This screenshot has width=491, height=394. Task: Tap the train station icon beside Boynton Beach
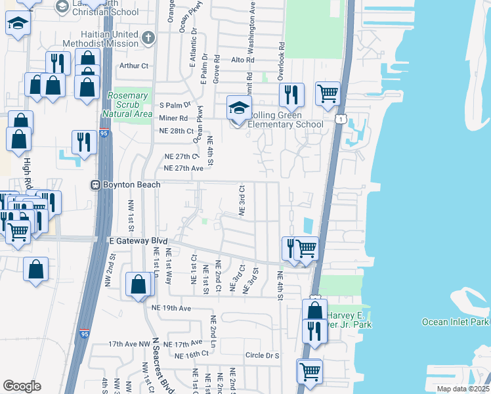(x=95, y=185)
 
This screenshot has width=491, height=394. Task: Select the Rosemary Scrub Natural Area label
(x=129, y=104)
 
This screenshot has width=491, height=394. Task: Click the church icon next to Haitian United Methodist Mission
(x=148, y=37)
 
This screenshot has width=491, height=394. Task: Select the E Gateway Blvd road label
(x=137, y=241)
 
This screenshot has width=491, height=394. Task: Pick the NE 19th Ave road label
(x=171, y=307)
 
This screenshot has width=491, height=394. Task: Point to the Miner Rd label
(x=173, y=118)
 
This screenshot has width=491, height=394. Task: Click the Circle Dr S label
(x=262, y=355)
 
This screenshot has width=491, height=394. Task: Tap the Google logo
(x=22, y=386)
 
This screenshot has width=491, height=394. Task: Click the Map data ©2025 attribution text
(x=463, y=389)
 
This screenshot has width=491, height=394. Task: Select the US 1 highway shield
(x=340, y=118)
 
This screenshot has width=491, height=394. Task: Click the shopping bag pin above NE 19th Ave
(x=139, y=285)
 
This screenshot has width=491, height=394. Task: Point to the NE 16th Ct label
(x=192, y=354)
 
